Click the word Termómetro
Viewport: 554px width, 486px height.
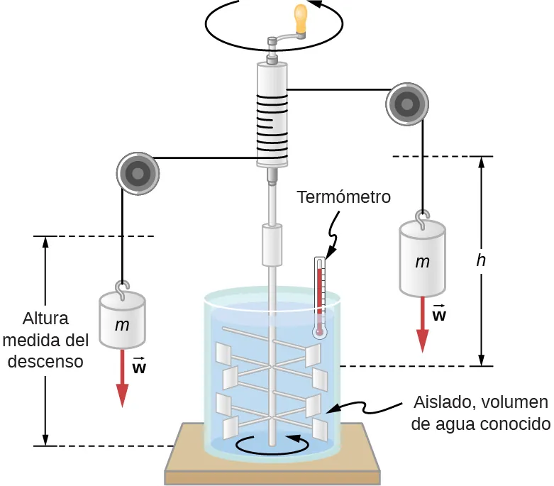tap(343, 197)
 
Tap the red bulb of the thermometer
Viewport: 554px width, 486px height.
tap(320, 331)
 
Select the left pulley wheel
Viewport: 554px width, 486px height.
tap(137, 172)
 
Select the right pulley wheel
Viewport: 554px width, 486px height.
tap(408, 105)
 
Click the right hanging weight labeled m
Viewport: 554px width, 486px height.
tap(423, 260)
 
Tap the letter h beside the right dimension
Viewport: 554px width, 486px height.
tap(481, 260)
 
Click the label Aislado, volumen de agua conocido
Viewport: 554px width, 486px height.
tap(480, 414)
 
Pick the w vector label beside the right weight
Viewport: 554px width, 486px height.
tap(439, 312)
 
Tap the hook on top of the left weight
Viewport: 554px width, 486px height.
tap(122, 291)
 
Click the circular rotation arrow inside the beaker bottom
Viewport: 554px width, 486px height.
tap(273, 444)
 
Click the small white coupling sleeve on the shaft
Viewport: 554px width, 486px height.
tap(272, 245)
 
